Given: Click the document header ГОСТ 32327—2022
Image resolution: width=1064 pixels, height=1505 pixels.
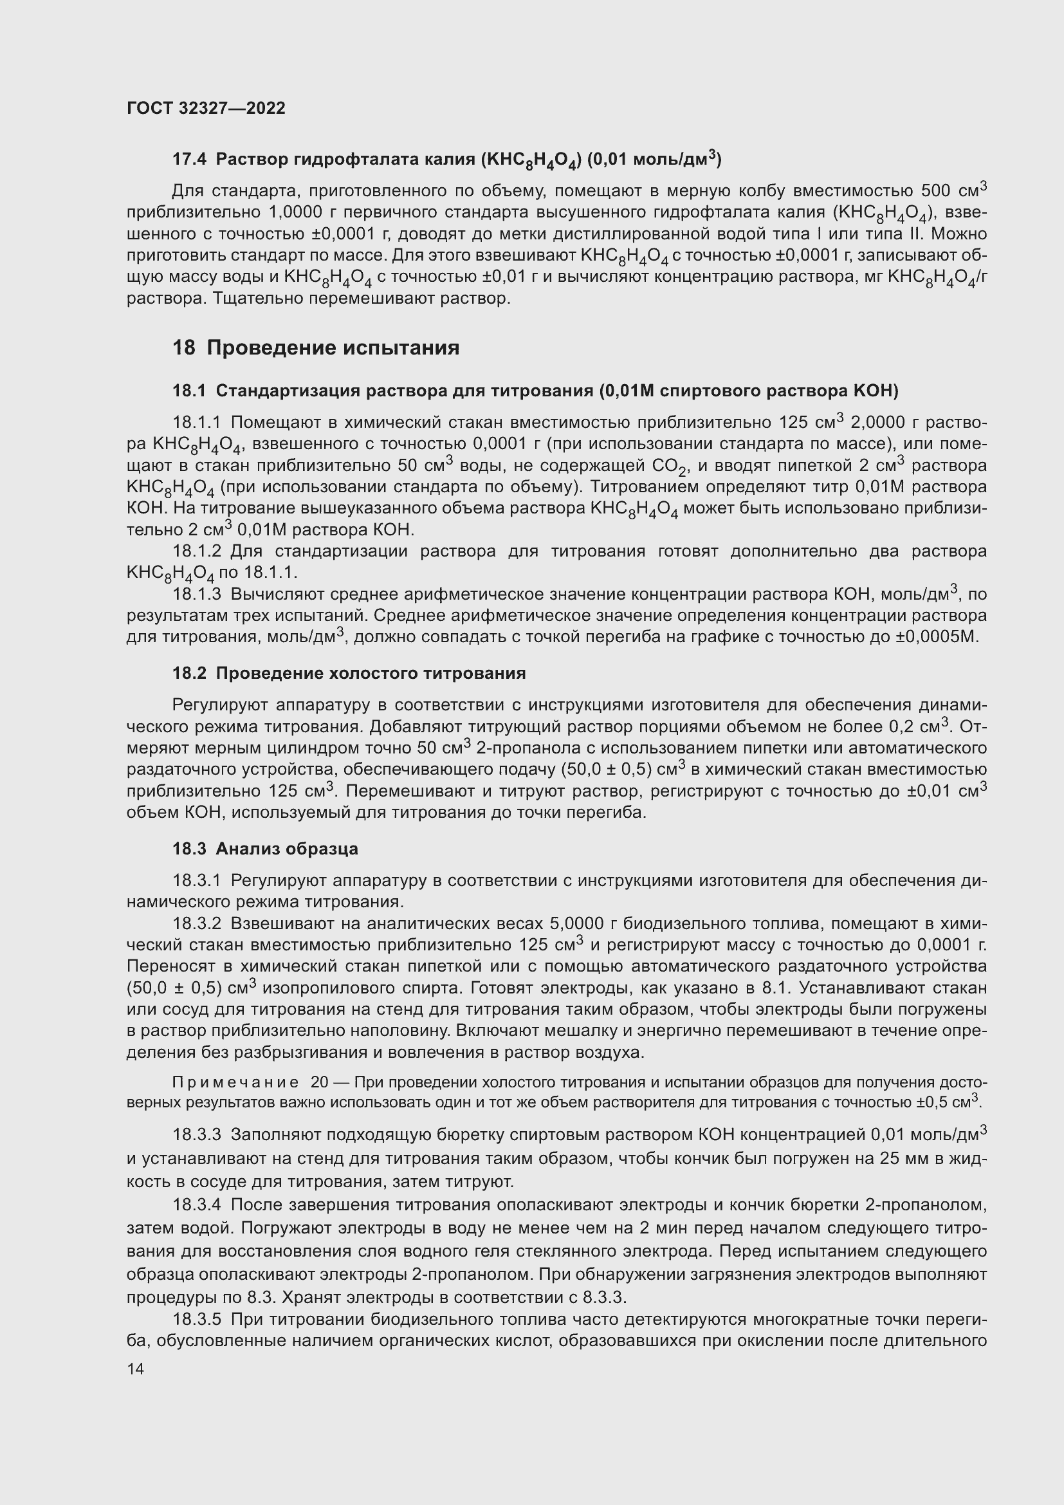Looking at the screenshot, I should pos(206,108).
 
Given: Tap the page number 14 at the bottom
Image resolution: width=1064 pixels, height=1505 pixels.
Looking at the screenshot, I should pos(135,1369).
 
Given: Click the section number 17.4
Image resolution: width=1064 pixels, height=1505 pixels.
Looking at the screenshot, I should pos(189,159).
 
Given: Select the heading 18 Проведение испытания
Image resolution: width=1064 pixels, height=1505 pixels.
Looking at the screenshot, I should pos(316,347).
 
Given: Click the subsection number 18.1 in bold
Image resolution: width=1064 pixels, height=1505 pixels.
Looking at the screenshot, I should pos(188,391).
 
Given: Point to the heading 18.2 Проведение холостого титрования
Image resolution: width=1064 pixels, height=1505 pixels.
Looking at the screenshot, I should pos(349,673).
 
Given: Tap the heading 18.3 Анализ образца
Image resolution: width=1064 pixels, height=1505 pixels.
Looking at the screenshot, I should pos(264,849).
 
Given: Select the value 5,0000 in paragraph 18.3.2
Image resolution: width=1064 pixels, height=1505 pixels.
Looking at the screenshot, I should pos(576,923).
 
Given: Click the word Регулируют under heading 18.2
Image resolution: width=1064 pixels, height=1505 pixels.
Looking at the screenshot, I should pos(219,705).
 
